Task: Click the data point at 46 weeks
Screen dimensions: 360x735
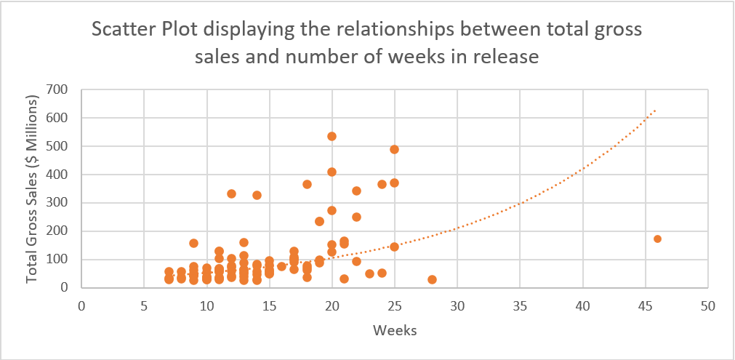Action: (x=657, y=239)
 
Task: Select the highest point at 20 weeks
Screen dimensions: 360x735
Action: (x=332, y=136)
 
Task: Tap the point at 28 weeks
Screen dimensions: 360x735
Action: (x=432, y=279)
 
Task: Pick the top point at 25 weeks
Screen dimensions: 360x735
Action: (x=394, y=149)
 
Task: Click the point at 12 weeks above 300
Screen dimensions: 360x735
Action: (x=231, y=193)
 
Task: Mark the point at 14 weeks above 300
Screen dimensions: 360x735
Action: (x=257, y=195)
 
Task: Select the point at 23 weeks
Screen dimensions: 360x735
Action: (x=369, y=273)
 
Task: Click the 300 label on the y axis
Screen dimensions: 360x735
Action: (x=58, y=203)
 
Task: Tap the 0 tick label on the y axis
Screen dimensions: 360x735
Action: (x=65, y=288)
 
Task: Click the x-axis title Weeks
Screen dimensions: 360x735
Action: (x=394, y=331)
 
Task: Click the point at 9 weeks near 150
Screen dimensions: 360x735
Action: (x=193, y=243)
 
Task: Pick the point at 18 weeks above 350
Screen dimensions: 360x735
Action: (x=307, y=184)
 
